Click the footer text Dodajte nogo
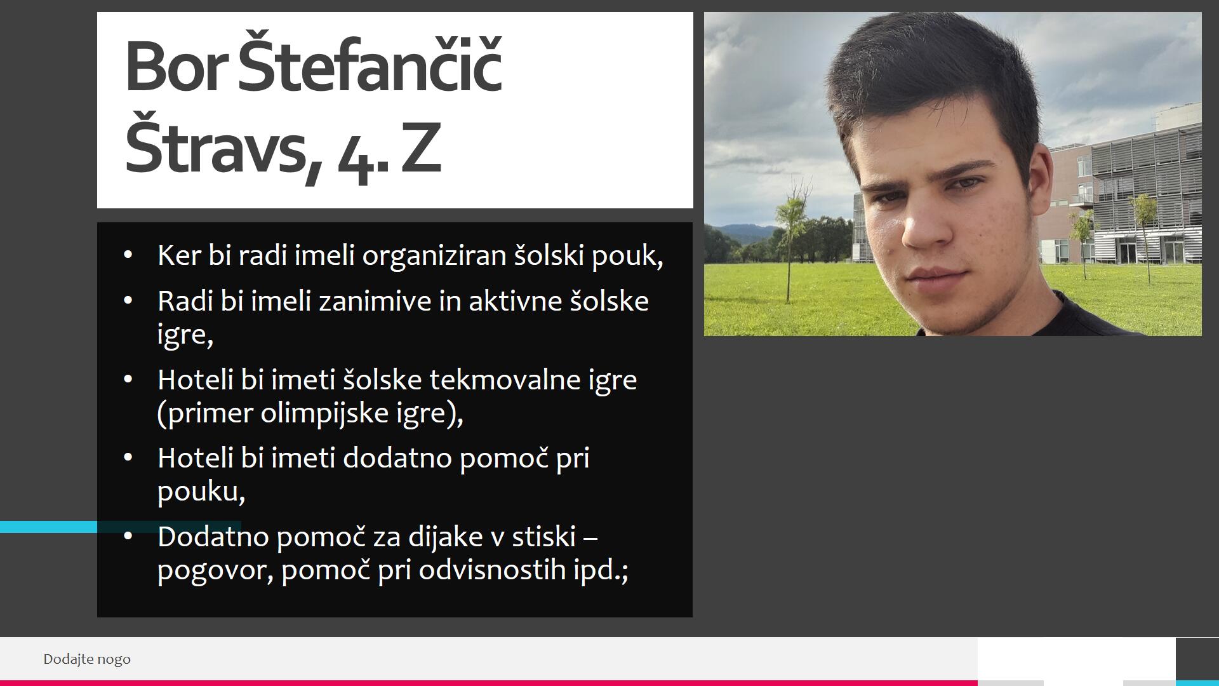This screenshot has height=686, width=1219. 87,659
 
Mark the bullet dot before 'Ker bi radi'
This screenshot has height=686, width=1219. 128,256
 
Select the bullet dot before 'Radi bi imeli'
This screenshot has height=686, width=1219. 128,301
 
